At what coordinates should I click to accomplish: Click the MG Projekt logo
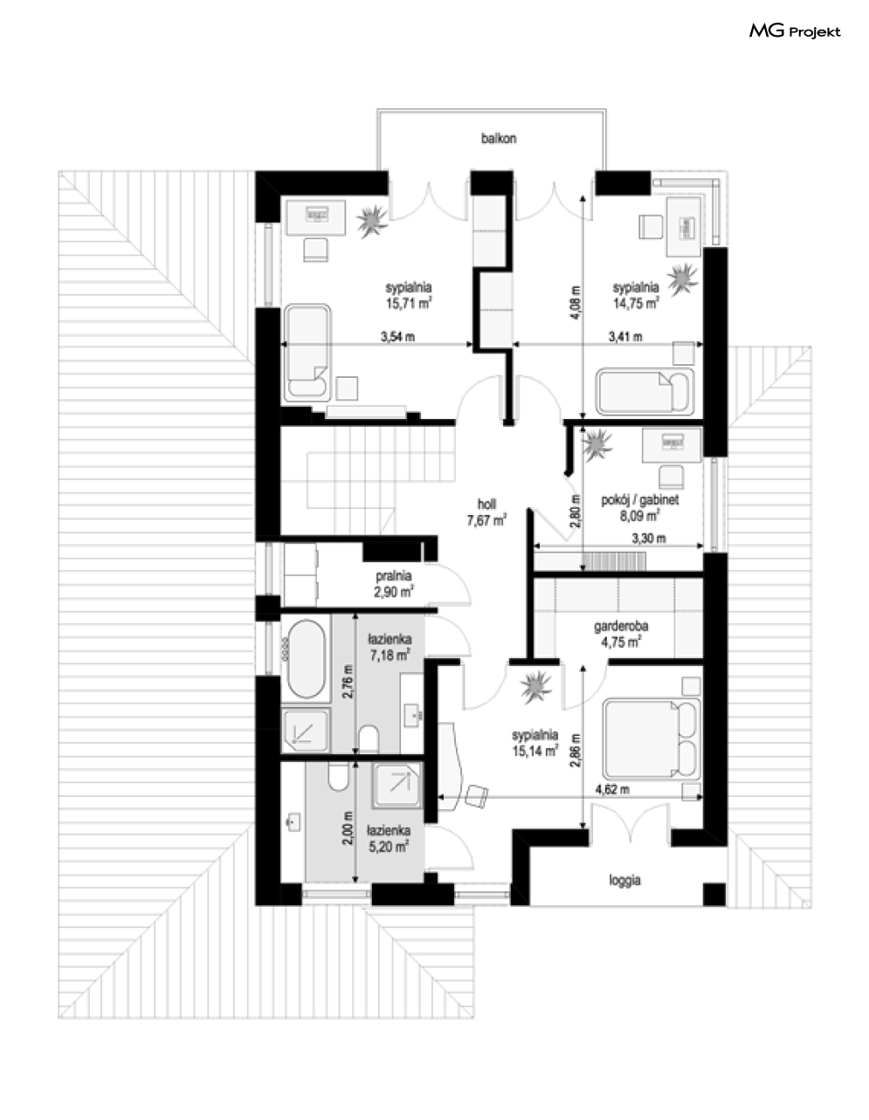795,32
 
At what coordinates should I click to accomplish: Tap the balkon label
499,139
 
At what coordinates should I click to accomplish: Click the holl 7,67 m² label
486,512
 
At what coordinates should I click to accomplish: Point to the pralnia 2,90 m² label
394,584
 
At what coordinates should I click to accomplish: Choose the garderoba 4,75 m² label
621,634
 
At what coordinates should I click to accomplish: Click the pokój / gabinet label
639,500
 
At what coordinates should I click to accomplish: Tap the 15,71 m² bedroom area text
408,304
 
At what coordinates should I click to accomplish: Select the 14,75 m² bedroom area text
636,304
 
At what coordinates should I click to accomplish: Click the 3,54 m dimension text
397,337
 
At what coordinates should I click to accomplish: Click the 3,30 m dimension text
649,539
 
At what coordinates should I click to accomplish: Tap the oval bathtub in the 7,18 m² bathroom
307,659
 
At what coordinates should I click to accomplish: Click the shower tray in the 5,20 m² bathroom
398,785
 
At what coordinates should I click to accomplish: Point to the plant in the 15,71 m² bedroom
372,221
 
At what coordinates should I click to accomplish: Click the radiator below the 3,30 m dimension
614,560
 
